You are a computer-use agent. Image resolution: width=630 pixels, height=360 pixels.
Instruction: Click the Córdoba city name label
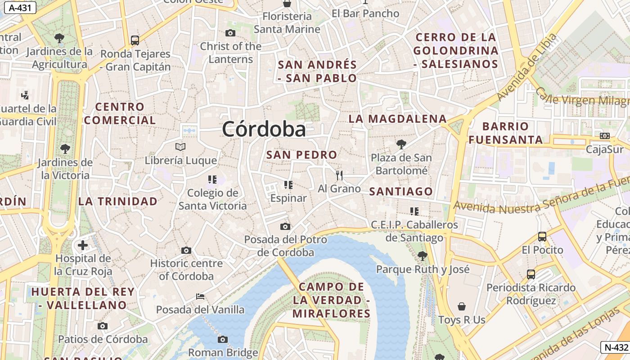click(x=264, y=129)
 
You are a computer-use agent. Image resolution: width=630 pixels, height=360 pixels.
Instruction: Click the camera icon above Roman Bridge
click(x=222, y=339)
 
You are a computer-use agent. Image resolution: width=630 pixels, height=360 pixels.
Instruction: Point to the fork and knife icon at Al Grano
click(x=339, y=175)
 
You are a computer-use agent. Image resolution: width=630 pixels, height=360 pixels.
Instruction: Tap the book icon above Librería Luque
click(x=180, y=147)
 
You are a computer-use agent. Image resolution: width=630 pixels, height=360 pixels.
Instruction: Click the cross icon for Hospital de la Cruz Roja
click(x=83, y=245)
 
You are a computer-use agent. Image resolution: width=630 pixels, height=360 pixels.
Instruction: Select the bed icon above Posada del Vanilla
click(x=200, y=297)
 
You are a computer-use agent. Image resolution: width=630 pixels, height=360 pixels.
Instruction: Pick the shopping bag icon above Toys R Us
click(x=462, y=306)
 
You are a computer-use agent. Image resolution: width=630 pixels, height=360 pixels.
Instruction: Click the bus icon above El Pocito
click(x=542, y=236)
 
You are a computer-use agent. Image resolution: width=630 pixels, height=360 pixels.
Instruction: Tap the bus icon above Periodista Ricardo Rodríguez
click(x=531, y=274)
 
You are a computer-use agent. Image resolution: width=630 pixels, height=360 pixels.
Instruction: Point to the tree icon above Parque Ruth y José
click(x=422, y=256)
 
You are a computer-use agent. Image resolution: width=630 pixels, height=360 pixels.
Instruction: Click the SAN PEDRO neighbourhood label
click(x=301, y=155)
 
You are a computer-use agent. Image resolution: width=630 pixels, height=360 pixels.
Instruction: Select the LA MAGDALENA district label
click(x=398, y=119)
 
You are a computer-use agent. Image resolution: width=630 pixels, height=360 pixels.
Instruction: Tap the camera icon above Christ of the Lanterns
click(x=230, y=33)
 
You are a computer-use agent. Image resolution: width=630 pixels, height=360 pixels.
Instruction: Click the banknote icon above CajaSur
click(x=605, y=135)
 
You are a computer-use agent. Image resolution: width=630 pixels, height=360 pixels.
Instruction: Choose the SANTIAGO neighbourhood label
click(x=401, y=191)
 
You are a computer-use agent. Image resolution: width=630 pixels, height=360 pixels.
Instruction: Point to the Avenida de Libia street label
click(x=527, y=67)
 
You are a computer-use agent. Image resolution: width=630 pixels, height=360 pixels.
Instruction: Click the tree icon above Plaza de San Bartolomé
click(x=401, y=144)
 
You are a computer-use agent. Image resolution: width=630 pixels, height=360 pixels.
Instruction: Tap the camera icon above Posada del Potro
click(x=285, y=226)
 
